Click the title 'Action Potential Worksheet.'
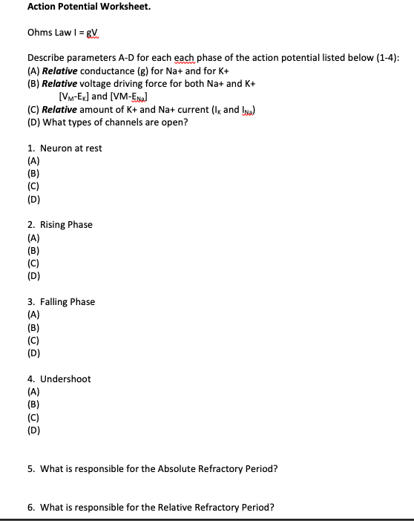click(78, 7)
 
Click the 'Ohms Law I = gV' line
click(66, 33)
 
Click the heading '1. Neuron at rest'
click(65, 148)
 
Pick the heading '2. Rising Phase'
click(60, 225)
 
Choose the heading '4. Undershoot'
click(59, 379)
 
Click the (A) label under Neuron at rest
click(33, 161)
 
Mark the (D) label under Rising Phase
click(33, 276)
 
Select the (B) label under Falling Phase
click(33, 327)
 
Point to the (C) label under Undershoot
click(33, 417)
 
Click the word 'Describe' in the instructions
click(47, 58)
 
